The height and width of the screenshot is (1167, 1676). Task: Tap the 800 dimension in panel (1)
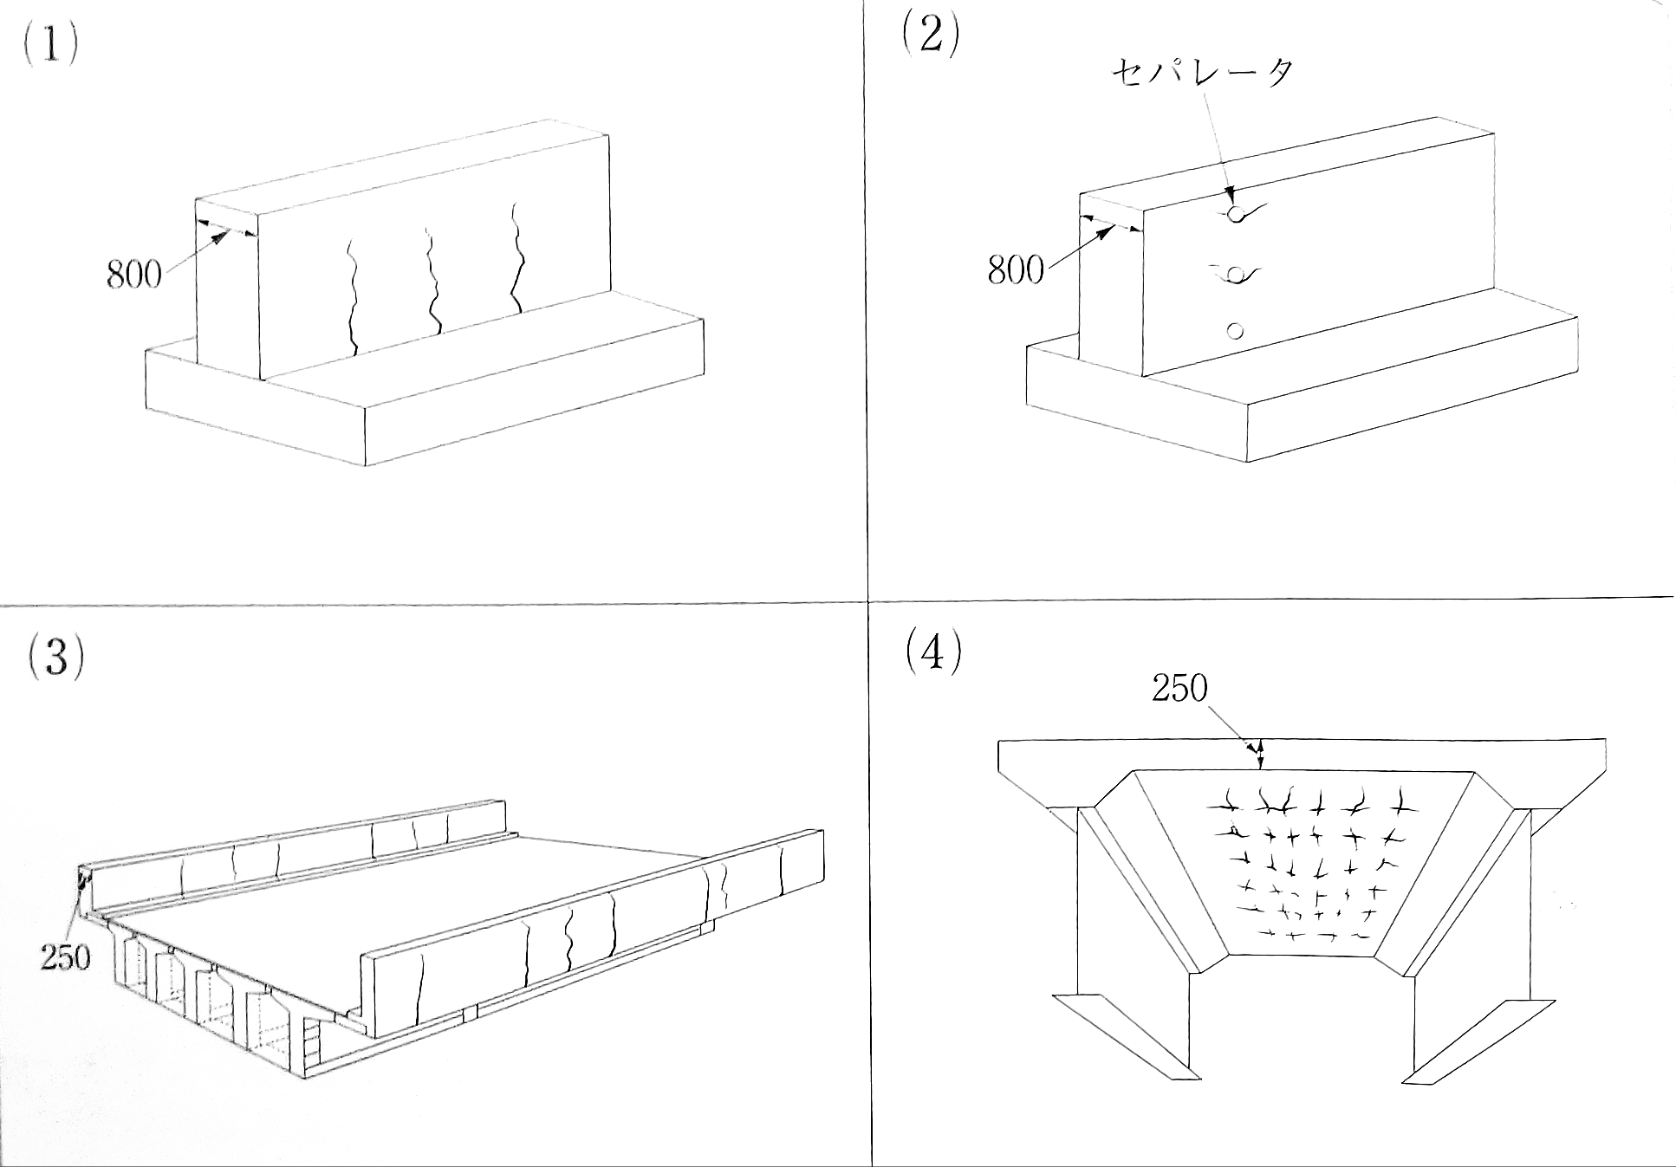[x=133, y=275]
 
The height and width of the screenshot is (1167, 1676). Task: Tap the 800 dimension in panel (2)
[x=1015, y=270]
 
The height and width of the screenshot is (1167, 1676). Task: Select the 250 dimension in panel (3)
[x=65, y=956]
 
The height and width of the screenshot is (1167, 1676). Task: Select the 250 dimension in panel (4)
[x=1179, y=689]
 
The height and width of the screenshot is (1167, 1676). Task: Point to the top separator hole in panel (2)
[x=1237, y=212]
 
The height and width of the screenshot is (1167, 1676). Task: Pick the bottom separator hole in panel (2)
[x=1236, y=330]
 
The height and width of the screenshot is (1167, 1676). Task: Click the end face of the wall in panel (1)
[x=227, y=295]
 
